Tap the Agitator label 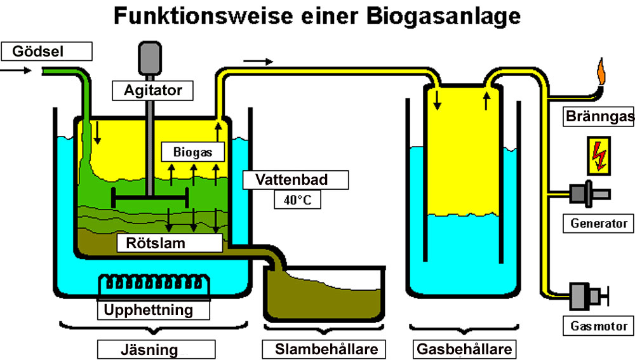(x=152, y=90)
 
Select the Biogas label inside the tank (x=192, y=152)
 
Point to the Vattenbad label (x=295, y=180)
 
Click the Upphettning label (x=153, y=310)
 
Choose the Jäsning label (x=156, y=349)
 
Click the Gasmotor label (x=598, y=326)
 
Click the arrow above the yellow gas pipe (x=258, y=62)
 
